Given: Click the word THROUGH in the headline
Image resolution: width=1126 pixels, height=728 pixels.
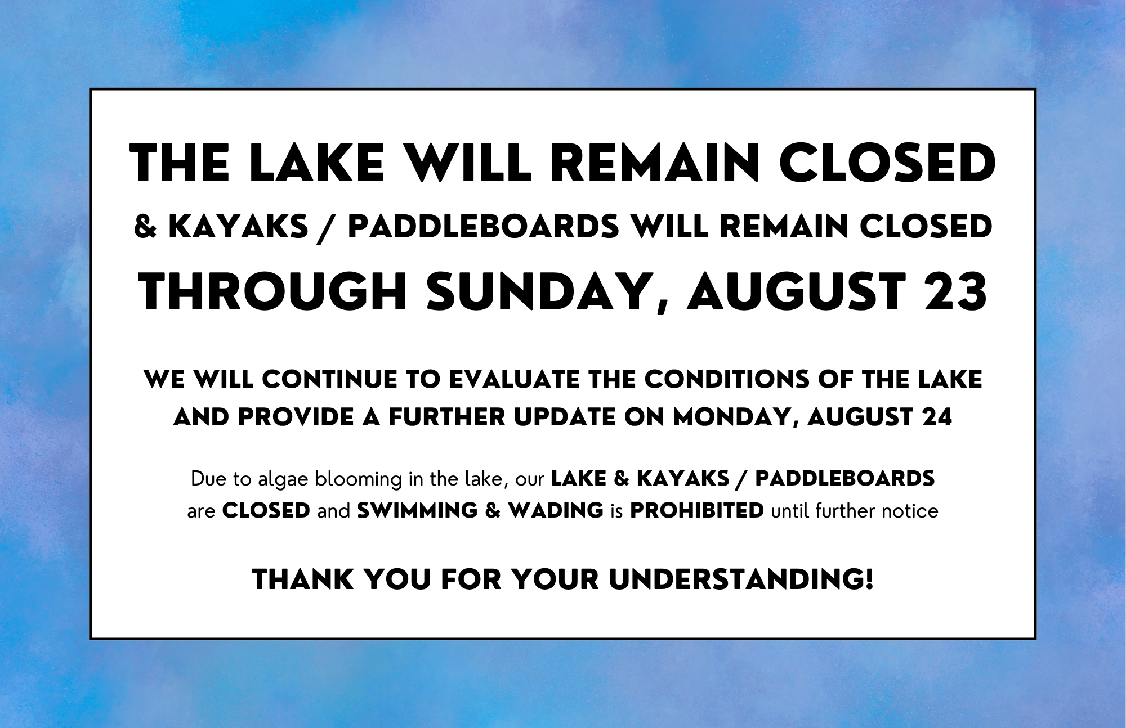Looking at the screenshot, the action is [273, 291].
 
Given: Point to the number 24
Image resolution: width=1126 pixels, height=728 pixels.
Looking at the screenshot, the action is [937, 417].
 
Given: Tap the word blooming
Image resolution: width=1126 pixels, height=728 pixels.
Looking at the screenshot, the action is [359, 480].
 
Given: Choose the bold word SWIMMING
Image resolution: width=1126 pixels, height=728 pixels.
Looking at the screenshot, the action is [417, 511].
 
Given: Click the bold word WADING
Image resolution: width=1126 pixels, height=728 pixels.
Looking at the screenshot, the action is [556, 511].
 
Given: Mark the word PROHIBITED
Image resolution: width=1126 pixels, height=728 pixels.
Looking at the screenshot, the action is [697, 511].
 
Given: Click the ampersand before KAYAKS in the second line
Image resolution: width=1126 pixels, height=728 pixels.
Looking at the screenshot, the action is [145, 227].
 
